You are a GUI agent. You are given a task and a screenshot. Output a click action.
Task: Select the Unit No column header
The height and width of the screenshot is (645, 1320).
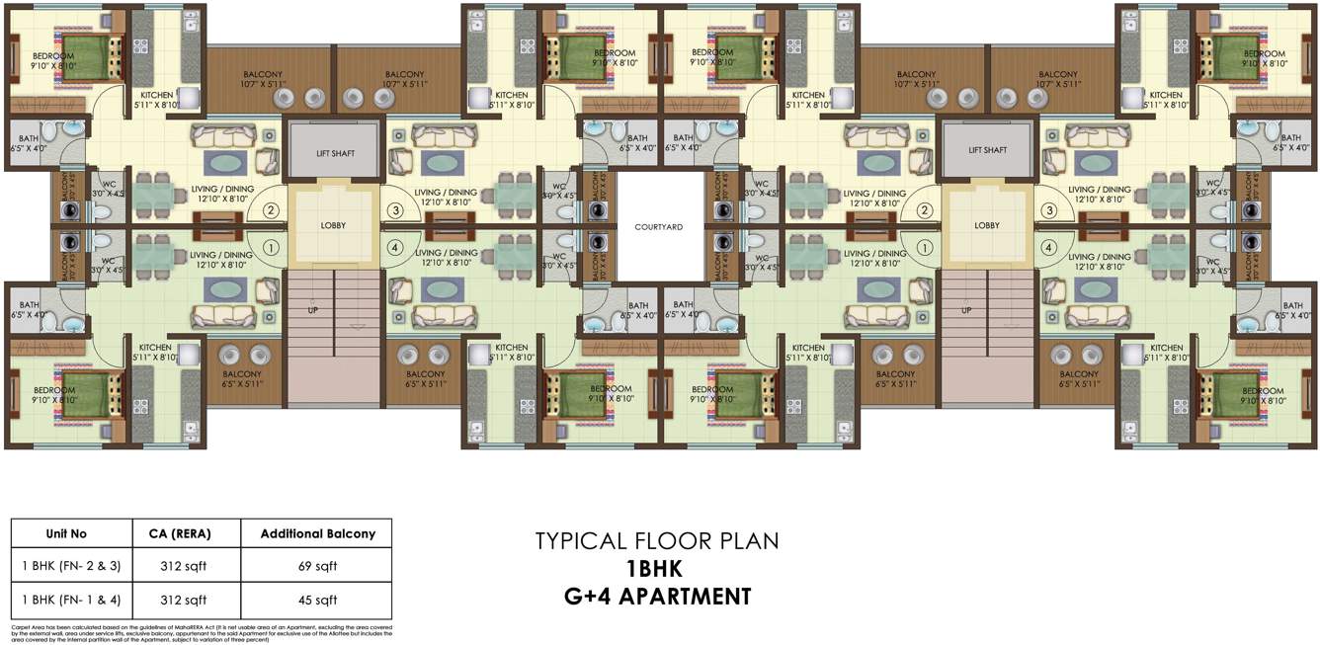tap(66, 533)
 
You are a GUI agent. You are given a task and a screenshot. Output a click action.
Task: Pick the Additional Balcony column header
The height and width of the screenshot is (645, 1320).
tap(317, 533)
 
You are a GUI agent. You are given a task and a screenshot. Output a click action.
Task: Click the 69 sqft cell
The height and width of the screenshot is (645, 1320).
tap(317, 566)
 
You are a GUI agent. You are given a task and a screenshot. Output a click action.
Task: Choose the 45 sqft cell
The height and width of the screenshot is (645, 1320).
tap(317, 600)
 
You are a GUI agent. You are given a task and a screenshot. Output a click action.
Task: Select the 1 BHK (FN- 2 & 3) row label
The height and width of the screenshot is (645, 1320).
tap(66, 566)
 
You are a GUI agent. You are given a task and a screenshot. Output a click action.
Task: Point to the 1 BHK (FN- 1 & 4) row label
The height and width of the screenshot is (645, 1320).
tap(66, 600)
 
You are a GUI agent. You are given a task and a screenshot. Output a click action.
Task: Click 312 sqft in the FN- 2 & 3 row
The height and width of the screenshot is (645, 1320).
tap(184, 566)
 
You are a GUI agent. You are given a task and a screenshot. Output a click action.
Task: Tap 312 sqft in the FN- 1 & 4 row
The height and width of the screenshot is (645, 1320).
tap(184, 600)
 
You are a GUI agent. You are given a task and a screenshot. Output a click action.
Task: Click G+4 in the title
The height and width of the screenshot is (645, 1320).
tap(587, 597)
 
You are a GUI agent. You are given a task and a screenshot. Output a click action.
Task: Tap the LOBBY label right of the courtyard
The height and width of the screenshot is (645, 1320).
tap(987, 225)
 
